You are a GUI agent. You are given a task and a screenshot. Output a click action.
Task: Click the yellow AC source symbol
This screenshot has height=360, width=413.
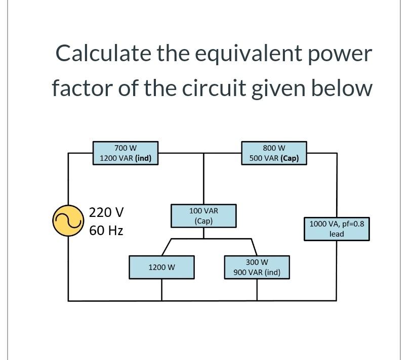(68, 220)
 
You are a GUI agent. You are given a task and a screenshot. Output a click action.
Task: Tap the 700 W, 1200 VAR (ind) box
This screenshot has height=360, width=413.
(126, 153)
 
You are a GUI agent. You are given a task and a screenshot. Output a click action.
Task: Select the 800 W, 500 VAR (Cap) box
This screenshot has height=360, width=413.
(274, 153)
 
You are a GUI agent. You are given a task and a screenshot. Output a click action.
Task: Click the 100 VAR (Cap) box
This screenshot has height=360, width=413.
(203, 215)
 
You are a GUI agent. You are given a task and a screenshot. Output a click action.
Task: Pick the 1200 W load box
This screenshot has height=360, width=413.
(161, 267)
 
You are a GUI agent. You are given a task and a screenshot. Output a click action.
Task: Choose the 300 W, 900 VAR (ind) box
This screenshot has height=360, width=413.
(257, 267)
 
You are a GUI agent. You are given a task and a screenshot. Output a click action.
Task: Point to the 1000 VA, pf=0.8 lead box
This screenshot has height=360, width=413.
(337, 228)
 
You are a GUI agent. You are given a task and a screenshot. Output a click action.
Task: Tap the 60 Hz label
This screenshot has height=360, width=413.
(106, 231)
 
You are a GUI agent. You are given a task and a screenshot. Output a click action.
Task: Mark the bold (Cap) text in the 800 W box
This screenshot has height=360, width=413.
(290, 158)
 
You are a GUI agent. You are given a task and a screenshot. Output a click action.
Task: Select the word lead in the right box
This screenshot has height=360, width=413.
(337, 234)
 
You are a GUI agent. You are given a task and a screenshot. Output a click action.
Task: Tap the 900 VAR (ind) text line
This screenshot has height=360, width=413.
(257, 273)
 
